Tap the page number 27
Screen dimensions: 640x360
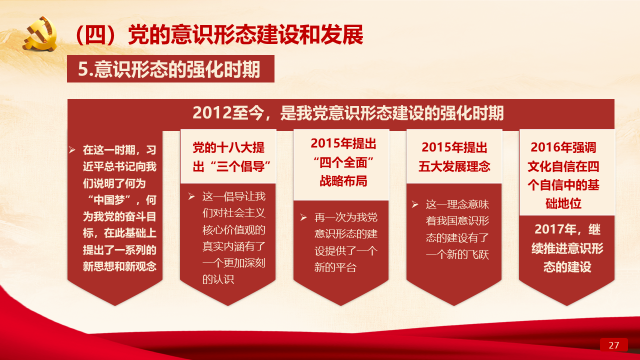point(613,345)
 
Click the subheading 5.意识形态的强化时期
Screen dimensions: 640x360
point(169,69)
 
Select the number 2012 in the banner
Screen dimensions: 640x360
point(211,113)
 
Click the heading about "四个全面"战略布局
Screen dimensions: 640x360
point(343,162)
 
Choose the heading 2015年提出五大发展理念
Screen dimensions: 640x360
point(454,157)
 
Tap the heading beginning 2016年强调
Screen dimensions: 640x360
point(563,175)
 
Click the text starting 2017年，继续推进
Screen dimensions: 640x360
point(567,248)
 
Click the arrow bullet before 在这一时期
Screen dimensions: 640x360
point(72,149)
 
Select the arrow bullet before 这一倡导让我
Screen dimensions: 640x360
point(191,196)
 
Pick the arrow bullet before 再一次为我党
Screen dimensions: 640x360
point(303,217)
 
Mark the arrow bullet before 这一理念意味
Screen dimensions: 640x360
point(415,204)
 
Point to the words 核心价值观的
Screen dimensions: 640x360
point(234,229)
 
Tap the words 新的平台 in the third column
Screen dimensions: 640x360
point(335,267)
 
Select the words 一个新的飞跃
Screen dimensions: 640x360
point(457,254)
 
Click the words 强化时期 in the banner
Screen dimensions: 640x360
point(471,113)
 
